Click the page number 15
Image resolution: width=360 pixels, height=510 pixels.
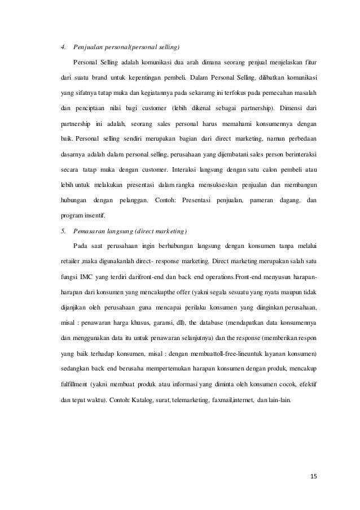[x=313, y=477]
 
